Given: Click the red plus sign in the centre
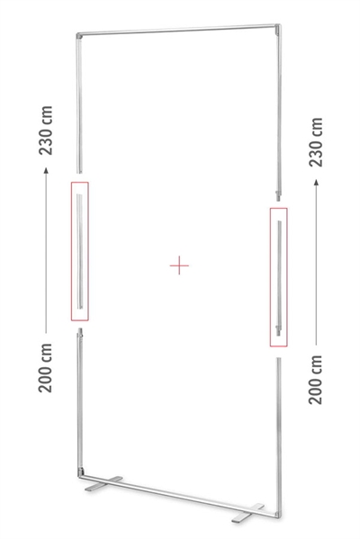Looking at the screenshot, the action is click(x=179, y=265).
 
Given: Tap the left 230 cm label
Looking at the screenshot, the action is click(x=45, y=130).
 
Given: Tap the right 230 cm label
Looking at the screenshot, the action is click(x=316, y=142).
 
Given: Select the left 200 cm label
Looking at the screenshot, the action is click(x=45, y=367).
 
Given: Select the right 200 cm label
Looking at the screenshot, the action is click(x=316, y=380).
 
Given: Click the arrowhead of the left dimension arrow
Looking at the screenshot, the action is click(x=46, y=170).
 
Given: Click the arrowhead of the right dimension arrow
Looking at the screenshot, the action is click(x=316, y=182).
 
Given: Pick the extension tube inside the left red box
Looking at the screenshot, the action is click(x=79, y=251).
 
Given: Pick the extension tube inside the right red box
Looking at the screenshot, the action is click(x=279, y=278).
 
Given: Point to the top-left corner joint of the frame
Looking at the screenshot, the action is click(x=79, y=36).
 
